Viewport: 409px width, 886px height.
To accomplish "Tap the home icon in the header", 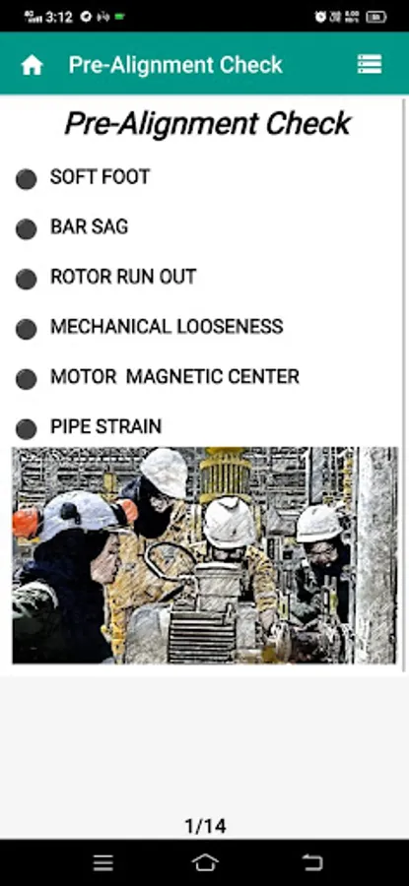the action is click(x=33, y=65).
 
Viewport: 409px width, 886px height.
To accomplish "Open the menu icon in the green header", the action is click(x=370, y=64).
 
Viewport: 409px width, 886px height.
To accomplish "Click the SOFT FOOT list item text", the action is click(x=101, y=177).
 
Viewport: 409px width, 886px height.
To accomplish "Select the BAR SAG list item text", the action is click(x=90, y=226).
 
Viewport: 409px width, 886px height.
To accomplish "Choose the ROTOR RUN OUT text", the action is click(x=123, y=277).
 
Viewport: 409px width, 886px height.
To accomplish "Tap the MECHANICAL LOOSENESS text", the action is click(x=167, y=326).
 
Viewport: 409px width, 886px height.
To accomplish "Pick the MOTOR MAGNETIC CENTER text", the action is click(x=174, y=376).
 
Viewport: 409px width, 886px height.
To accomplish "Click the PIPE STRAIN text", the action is click(x=105, y=426).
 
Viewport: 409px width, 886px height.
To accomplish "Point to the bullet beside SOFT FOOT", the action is click(x=26, y=179).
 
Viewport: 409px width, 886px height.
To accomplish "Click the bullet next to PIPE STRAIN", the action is click(x=26, y=429).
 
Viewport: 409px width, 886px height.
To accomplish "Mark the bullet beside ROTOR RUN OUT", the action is click(x=26, y=280).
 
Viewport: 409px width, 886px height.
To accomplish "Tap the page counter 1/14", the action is click(x=205, y=827).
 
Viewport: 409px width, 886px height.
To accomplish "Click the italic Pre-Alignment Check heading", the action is click(x=208, y=124).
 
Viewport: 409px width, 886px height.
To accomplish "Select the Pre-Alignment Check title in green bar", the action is click(x=175, y=65).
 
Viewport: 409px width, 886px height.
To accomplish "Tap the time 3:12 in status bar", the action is click(x=59, y=17).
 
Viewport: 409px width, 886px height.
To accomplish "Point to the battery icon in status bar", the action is click(x=376, y=17).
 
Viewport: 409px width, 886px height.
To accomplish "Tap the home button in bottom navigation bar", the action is click(x=205, y=862).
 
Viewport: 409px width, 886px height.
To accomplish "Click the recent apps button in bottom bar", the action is click(x=102, y=862).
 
